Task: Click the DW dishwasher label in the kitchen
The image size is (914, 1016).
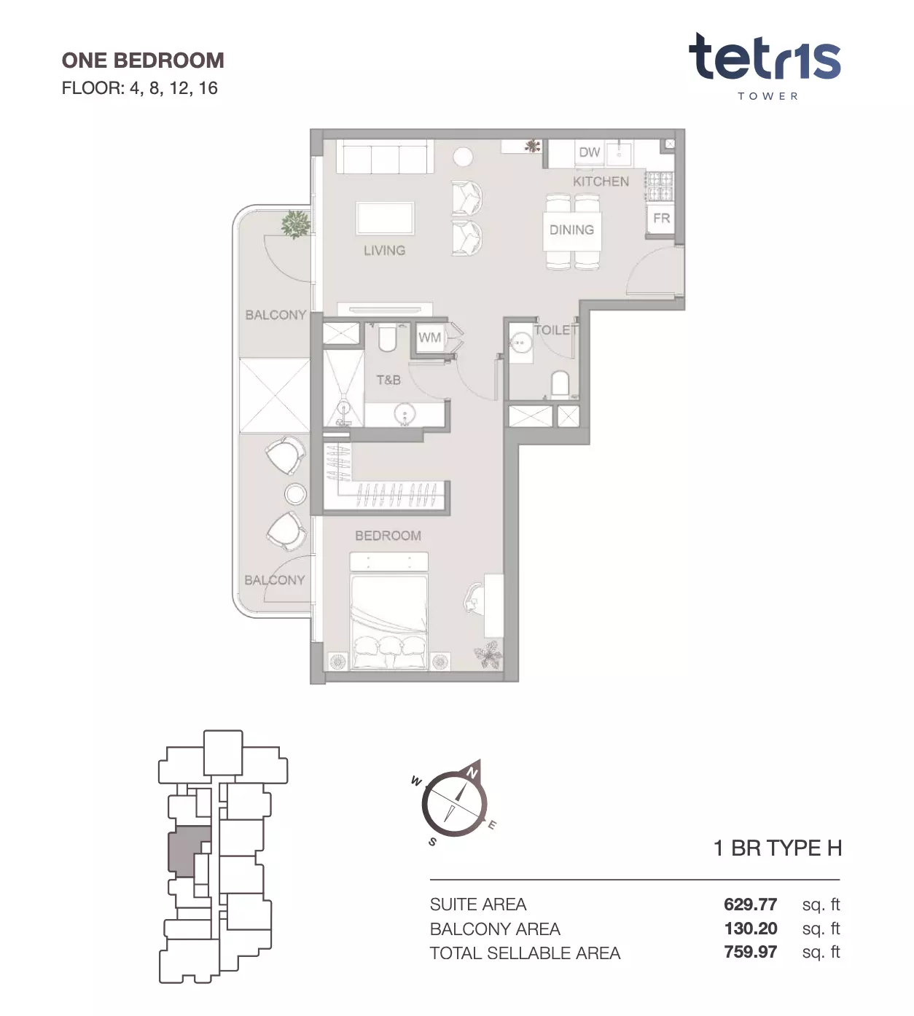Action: pos(589,152)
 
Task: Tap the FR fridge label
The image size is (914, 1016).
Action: pos(662,219)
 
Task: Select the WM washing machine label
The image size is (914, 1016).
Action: pos(429,337)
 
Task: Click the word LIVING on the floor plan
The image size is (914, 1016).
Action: pos(385,250)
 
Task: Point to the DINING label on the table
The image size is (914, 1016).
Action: pos(571,230)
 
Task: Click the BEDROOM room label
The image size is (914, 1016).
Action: pos(388,536)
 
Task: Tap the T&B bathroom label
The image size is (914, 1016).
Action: pos(388,380)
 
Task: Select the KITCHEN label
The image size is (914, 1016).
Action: pos(601,181)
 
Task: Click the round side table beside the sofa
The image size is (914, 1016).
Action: pos(463,157)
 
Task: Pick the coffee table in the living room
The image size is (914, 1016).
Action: pos(385,219)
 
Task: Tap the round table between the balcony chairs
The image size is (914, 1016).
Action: pos(295,494)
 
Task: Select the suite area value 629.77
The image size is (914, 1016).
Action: pos(750,904)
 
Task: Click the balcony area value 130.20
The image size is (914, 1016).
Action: pos(751,929)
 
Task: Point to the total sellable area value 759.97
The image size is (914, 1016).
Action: pos(750,952)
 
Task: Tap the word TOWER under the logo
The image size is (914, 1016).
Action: pos(767,96)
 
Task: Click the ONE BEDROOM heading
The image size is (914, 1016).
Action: pos(143,60)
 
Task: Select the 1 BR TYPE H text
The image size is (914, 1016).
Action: pos(777,848)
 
